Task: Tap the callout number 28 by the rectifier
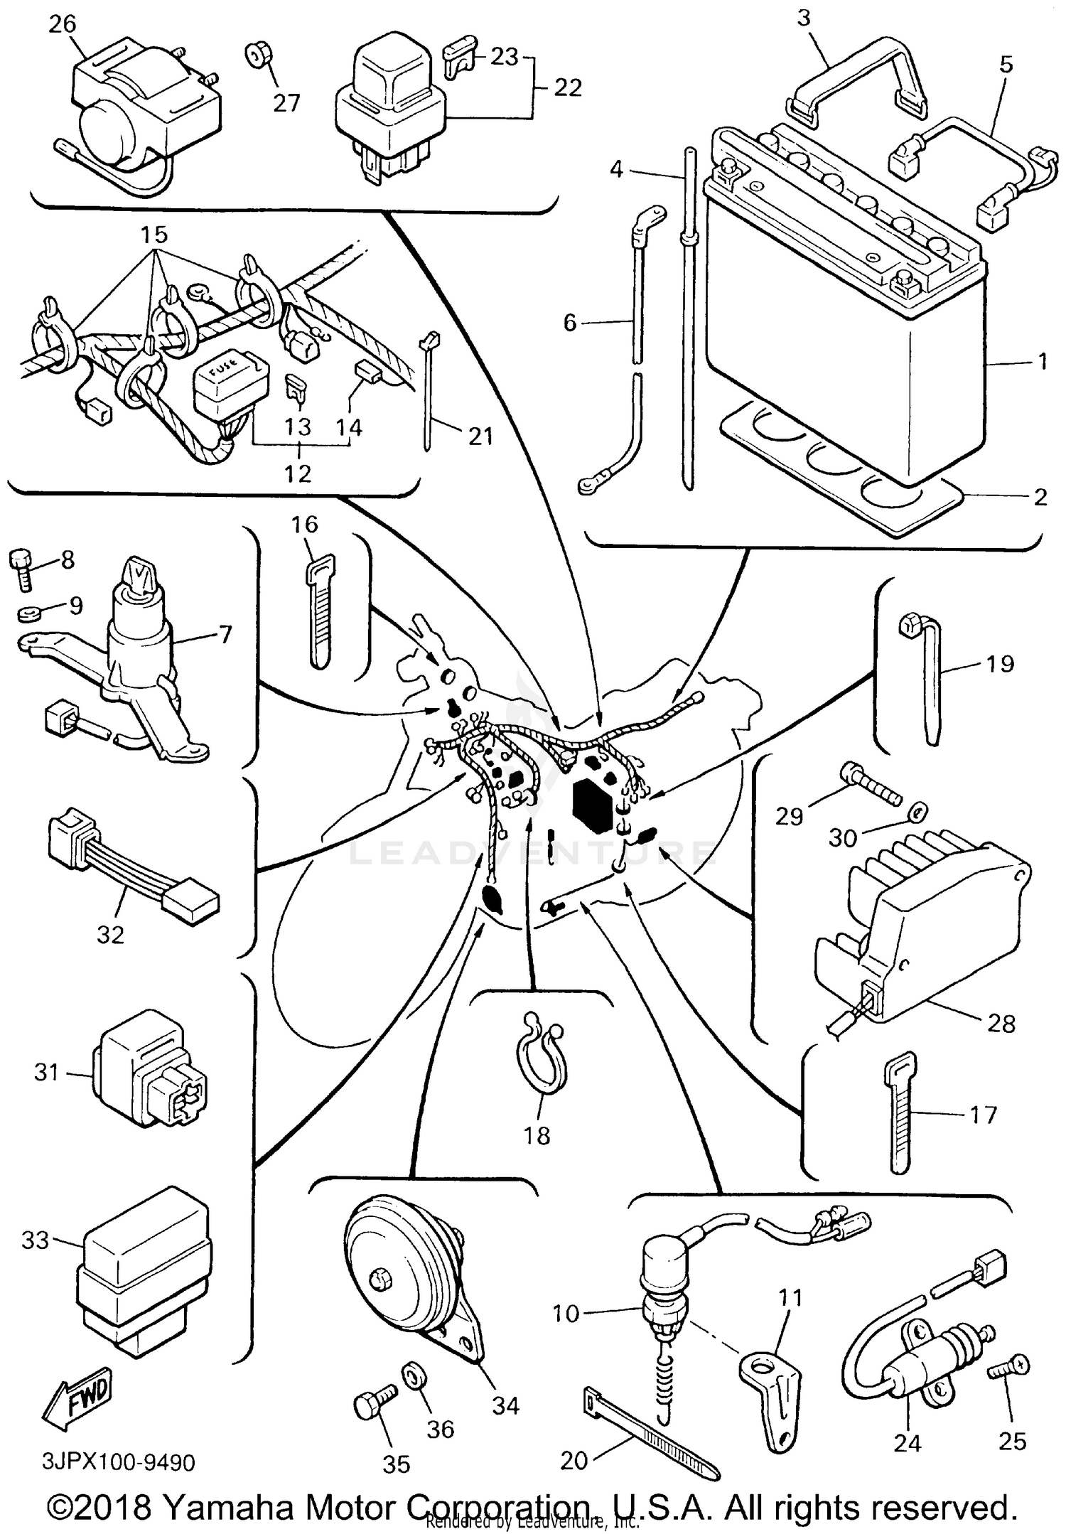click(x=1001, y=1024)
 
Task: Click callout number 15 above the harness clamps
click(x=154, y=234)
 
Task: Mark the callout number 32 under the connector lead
click(x=110, y=934)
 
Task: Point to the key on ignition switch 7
click(x=139, y=574)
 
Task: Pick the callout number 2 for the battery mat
click(x=1040, y=497)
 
